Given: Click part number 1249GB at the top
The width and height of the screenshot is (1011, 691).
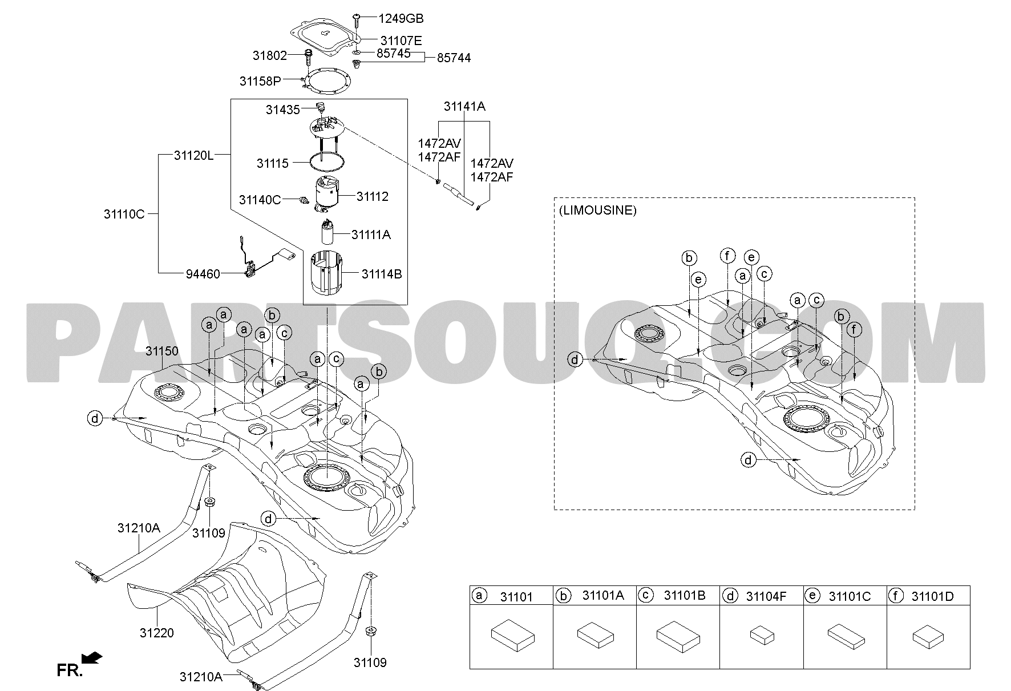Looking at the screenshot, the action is pos(401,19).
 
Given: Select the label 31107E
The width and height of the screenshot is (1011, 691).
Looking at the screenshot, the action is pos(401,41).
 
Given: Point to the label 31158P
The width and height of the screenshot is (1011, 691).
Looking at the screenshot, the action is pos(260,81).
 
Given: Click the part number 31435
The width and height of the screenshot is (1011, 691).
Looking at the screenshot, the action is pos(282,110).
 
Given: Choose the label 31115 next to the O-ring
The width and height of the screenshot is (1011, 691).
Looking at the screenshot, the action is pos(273,164).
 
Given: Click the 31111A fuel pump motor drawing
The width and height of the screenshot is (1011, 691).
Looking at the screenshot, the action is pos(329,235).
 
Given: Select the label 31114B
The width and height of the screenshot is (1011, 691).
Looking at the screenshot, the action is pos(382,274).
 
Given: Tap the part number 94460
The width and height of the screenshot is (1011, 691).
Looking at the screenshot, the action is pos(203,274).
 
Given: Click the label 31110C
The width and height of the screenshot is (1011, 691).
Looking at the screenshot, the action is pos(124,215).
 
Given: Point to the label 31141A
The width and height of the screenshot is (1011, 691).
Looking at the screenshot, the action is pos(464,107).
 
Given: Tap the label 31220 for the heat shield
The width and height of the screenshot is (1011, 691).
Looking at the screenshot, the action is pos(157,633).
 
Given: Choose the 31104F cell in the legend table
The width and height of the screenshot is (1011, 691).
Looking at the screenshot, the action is pos(762,597).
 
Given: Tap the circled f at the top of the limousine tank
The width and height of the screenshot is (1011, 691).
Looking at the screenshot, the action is pos(727,256).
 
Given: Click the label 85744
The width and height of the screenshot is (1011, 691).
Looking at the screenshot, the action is pos(454,58).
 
